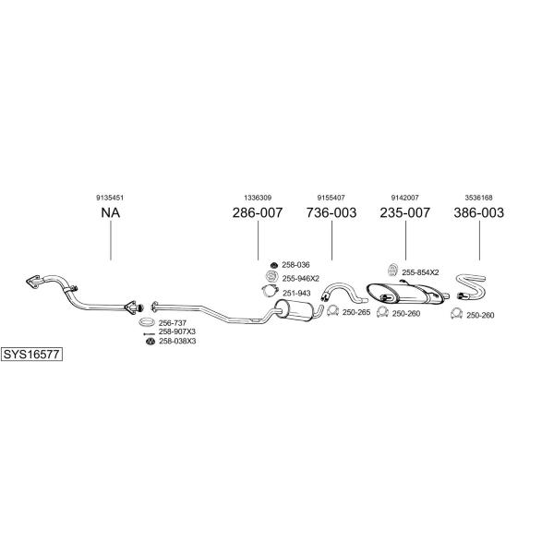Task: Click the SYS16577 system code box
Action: point(31,354)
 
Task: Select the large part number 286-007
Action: point(258,212)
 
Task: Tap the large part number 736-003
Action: point(331,212)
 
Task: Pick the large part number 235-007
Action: point(405,212)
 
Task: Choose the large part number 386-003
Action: point(478,212)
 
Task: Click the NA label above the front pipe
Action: point(111,212)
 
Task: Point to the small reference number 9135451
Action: point(110,198)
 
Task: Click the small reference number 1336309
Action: point(258,198)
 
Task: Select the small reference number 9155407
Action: point(331,198)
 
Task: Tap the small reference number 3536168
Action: point(478,198)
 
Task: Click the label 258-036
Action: point(295,265)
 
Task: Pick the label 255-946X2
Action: point(301,279)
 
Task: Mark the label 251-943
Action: point(296,294)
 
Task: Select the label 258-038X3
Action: point(177,342)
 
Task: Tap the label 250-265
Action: point(356,312)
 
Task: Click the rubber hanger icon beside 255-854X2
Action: point(391,270)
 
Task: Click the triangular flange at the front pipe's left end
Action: point(32,282)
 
